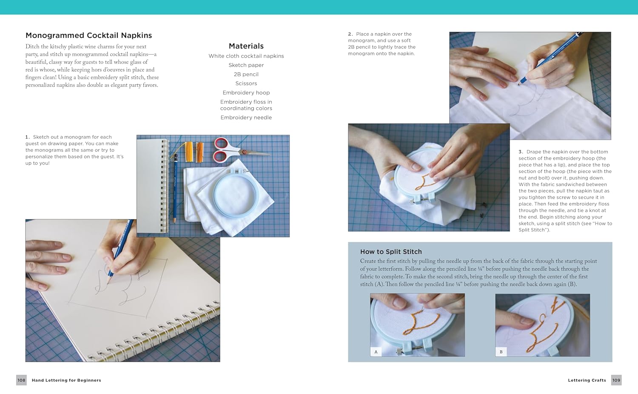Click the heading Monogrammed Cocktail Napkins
point(88,35)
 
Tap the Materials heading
point(246,46)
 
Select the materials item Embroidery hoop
point(246,93)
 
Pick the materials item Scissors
point(246,83)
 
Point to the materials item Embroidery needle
point(246,118)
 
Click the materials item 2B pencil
point(246,74)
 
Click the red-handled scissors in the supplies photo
point(236,151)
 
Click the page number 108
point(21,380)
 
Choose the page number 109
point(616,380)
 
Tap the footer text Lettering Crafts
point(587,380)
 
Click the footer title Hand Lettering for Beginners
point(66,380)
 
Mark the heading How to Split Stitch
point(391,252)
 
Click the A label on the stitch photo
point(376,352)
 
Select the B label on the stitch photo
point(501,352)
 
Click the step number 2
point(350,34)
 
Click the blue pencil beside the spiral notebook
point(175,188)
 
